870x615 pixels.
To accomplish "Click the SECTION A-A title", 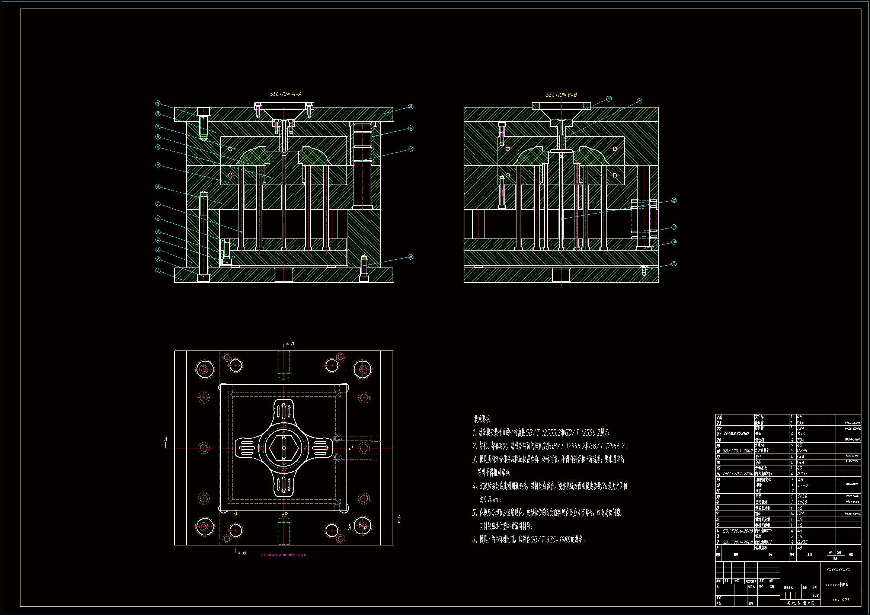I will point(285,94).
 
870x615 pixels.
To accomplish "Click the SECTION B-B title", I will point(561,95).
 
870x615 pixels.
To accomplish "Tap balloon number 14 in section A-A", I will point(158,103).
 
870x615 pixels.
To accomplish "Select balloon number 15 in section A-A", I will point(411,107).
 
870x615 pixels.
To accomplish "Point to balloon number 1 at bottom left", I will point(158,270).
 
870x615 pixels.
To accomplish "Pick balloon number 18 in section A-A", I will point(411,257).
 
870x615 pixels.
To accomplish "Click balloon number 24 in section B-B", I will point(609,99).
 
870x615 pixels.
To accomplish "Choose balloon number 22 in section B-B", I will point(674,201).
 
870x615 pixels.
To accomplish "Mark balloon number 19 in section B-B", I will point(674,264).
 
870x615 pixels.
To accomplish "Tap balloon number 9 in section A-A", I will point(158,165).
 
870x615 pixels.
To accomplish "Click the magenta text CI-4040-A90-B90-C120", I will point(284,555).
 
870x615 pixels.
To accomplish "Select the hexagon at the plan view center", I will point(284,448).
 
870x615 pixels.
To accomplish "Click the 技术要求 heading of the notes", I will point(482,419).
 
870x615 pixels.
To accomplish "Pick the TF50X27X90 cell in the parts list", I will point(736,434).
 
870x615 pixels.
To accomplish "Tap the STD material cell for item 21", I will point(801,434).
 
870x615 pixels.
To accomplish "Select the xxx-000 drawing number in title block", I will point(841,600).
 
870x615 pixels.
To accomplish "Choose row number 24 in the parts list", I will point(719,417).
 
